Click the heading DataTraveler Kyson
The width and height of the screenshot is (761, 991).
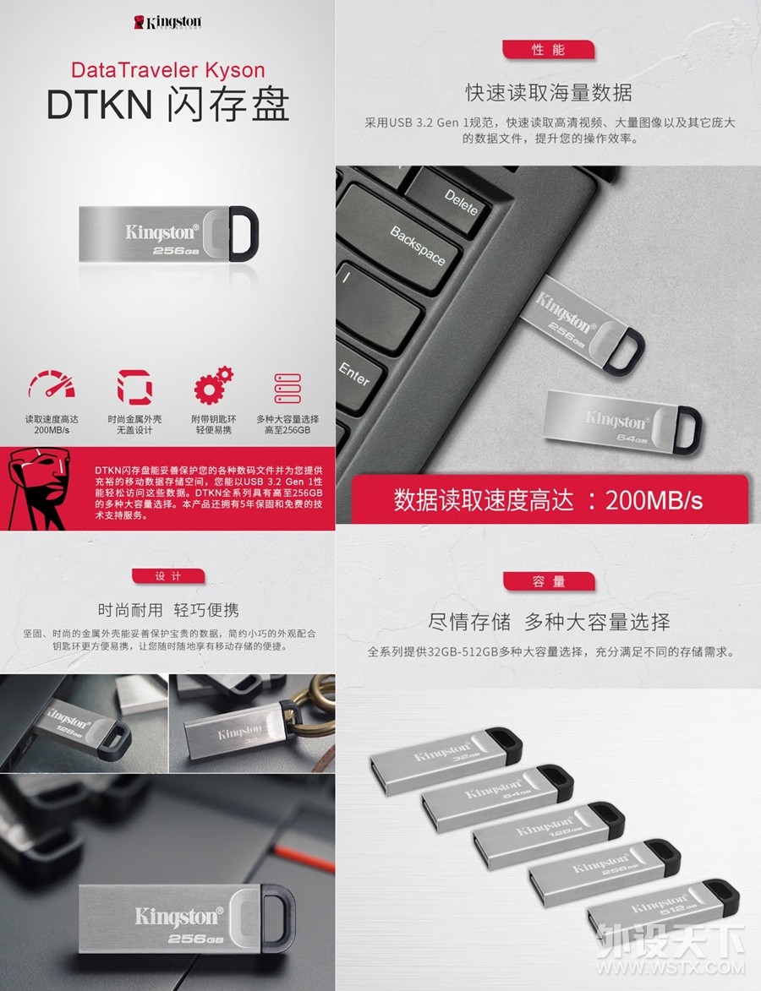[x=167, y=69]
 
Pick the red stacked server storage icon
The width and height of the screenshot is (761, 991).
[x=288, y=388]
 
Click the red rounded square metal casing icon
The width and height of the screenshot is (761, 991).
[x=134, y=388]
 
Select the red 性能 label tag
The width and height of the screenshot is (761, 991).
[x=548, y=50]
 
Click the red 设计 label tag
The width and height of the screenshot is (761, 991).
[x=167, y=575]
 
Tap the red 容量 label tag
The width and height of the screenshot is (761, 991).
[x=548, y=581]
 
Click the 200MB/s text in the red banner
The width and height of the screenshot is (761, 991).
[x=654, y=499]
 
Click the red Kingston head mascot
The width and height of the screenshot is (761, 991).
[x=38, y=489]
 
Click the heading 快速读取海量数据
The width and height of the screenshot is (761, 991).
[x=548, y=91]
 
